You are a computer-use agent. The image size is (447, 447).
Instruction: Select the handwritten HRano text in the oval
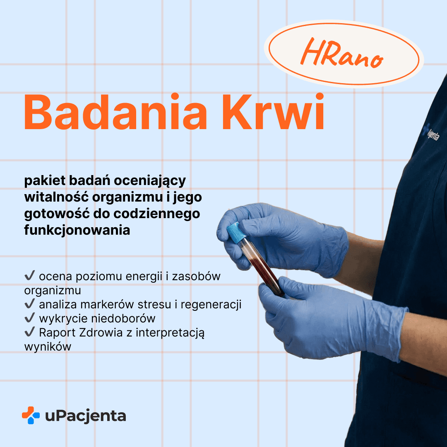tap(341, 55)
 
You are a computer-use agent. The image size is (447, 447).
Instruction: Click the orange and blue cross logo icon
tap(31, 415)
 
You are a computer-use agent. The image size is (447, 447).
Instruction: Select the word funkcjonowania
tap(77, 230)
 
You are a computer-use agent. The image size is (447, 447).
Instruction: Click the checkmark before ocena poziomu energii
tap(29, 276)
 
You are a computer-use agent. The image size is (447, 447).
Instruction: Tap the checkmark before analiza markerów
tap(29, 304)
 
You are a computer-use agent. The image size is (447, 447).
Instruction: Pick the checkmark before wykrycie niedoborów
tap(29, 318)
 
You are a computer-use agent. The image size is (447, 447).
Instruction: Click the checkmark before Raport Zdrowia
tap(29, 332)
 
